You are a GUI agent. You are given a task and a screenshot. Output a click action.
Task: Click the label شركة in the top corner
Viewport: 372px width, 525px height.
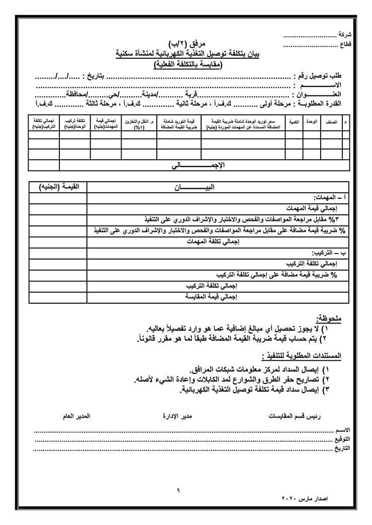click(345, 35)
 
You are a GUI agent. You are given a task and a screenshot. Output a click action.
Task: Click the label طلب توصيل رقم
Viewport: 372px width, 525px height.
click(317, 76)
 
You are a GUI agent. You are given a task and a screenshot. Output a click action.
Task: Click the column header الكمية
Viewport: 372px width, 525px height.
click(294, 121)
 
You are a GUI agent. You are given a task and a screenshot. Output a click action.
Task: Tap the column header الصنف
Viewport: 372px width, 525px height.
click(330, 121)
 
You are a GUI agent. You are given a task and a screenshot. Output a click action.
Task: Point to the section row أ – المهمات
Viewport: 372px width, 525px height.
click(327, 197)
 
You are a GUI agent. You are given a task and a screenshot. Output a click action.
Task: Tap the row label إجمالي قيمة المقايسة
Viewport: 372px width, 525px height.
click(211, 297)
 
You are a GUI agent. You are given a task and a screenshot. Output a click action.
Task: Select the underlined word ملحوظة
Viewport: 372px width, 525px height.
click(329, 318)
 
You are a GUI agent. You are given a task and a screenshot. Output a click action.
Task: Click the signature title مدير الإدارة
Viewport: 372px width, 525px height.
click(178, 417)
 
